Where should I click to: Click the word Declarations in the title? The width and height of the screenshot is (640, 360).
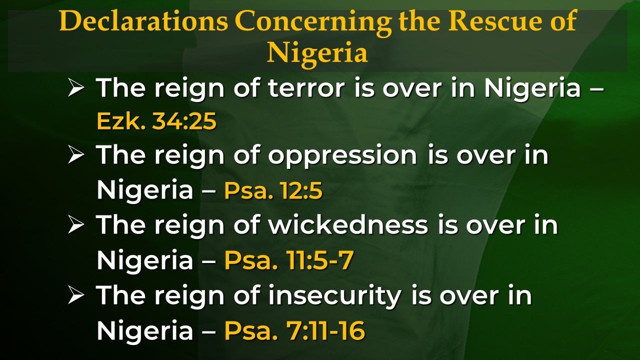[x=143, y=21]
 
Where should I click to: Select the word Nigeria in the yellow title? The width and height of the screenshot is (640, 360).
[x=317, y=53]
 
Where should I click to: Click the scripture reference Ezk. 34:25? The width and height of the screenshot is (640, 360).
[x=156, y=121]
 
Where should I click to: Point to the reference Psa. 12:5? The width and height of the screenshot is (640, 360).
[x=273, y=190]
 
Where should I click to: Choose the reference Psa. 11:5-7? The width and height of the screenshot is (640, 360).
[x=289, y=260]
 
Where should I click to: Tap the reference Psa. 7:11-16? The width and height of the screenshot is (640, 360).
[x=295, y=330]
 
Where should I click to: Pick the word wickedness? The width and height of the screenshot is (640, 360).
[x=348, y=225]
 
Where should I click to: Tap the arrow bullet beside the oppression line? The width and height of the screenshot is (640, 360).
[x=76, y=155]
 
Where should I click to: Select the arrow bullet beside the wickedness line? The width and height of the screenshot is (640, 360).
[x=76, y=225]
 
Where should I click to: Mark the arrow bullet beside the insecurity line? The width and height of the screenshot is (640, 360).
[x=76, y=295]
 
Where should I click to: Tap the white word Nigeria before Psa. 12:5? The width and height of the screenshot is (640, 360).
[x=145, y=190]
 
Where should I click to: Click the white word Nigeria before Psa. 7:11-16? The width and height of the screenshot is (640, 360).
[x=145, y=330]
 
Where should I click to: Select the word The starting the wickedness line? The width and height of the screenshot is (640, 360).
[x=121, y=225]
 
